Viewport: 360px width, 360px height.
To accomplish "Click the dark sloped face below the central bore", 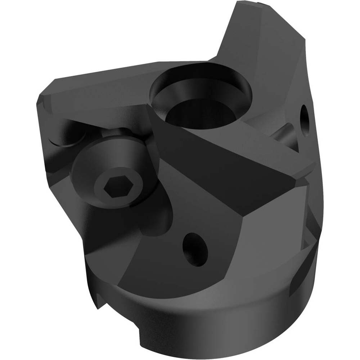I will point(216,158).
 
